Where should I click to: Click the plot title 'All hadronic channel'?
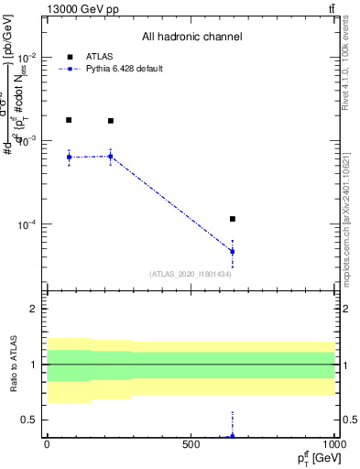191,38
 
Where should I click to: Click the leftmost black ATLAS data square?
69,120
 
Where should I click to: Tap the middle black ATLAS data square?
111,121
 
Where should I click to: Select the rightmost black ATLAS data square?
233,219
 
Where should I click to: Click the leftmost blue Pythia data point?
69,158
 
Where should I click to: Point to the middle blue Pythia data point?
111,157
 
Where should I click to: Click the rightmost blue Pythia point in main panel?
233,251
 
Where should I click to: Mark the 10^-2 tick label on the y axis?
27,57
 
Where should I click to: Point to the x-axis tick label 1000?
333,443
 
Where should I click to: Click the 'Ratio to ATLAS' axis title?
13,365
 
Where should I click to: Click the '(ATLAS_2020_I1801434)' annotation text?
190,274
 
